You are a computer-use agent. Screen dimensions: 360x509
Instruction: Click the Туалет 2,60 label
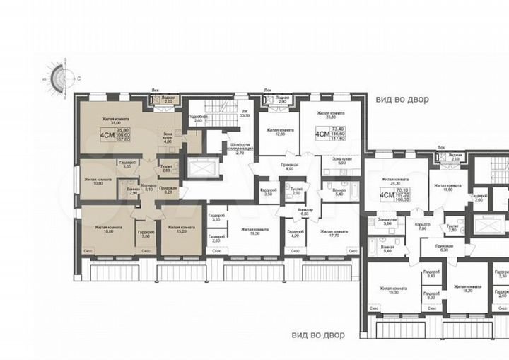[x=166, y=168]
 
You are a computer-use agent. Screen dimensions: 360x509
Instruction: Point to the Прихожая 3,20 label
[x=168, y=190]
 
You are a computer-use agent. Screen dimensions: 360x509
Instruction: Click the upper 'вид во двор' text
[x=402, y=99]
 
